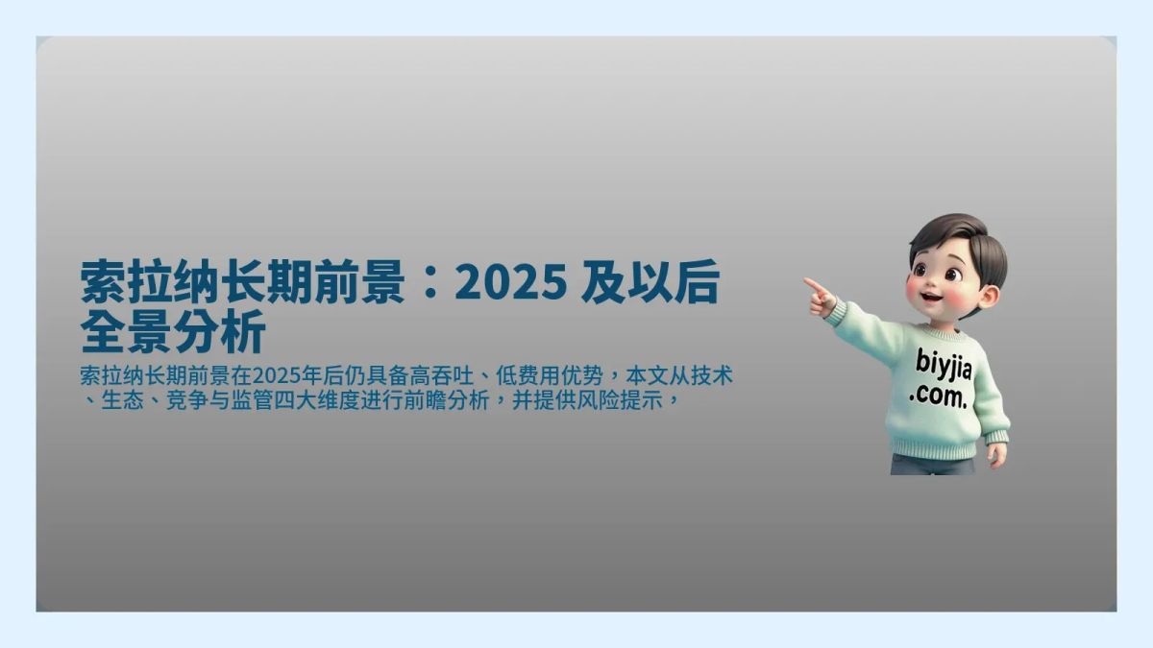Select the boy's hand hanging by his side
coord(997,453)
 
